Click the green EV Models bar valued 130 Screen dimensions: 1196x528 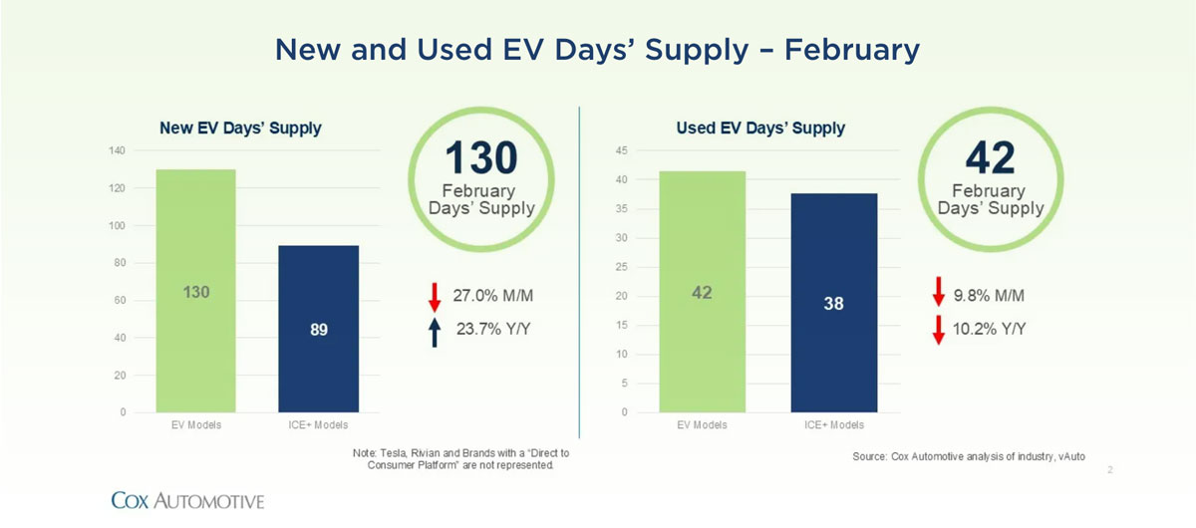coord(196,291)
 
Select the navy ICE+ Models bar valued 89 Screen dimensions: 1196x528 coord(319,329)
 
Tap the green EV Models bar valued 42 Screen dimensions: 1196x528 coord(702,292)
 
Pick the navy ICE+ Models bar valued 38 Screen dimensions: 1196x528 coord(834,303)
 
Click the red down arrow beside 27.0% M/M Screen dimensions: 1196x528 coord(435,297)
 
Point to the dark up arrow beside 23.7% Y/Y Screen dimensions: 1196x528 coord(435,332)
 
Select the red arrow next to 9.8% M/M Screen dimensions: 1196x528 coord(939,292)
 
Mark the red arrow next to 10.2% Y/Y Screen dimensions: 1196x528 coord(939,330)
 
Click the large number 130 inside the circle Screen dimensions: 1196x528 coord(481,157)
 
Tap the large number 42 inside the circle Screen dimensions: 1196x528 coord(991,157)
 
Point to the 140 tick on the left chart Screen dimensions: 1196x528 coord(117,150)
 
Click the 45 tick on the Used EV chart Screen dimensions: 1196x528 coord(622,150)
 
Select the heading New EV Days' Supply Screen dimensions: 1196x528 coord(240,129)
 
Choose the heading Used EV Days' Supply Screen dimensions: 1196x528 coord(760,129)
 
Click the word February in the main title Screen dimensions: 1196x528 coord(852,50)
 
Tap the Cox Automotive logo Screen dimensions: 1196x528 coord(187,501)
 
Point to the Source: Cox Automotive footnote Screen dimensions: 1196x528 coord(969,456)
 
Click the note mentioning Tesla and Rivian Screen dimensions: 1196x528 coord(460,459)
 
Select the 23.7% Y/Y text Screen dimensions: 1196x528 coord(493,329)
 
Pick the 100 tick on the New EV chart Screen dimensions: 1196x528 coord(117,226)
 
